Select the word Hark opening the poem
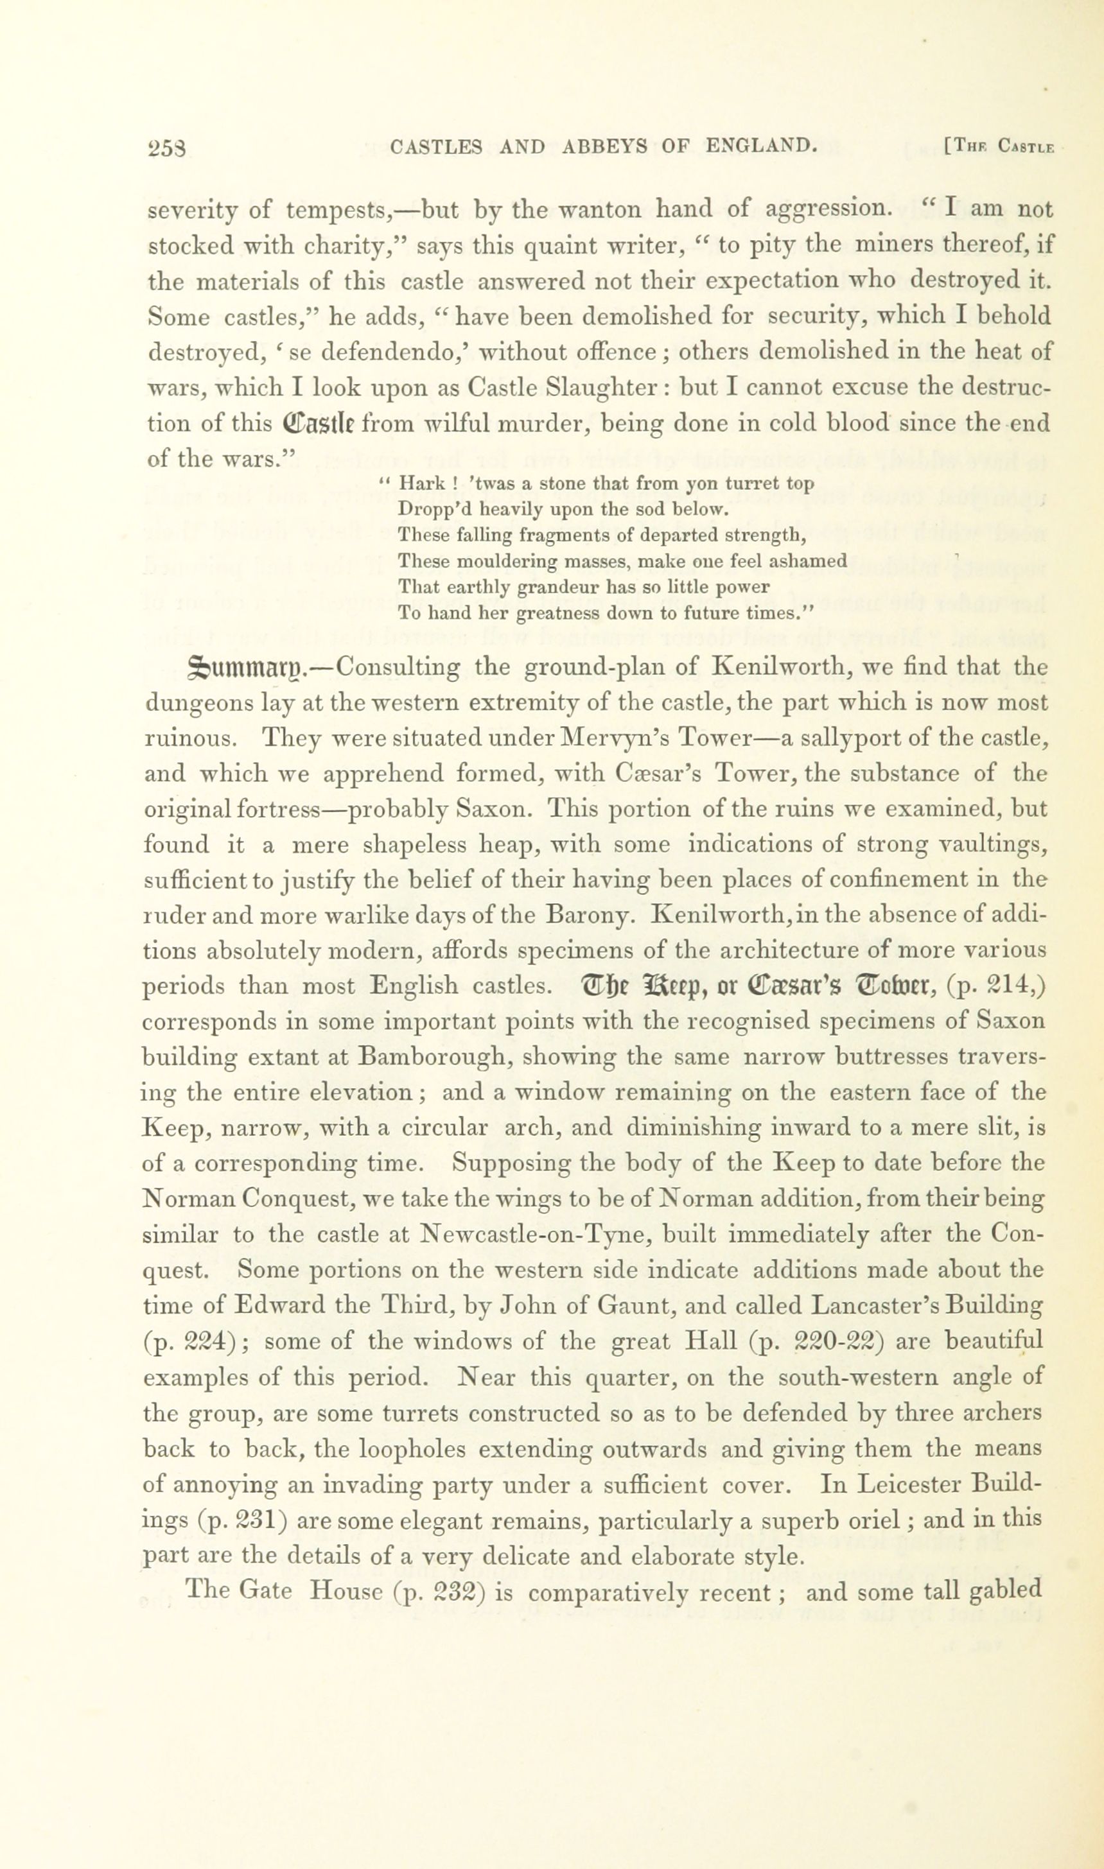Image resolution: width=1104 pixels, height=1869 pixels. tap(423, 484)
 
